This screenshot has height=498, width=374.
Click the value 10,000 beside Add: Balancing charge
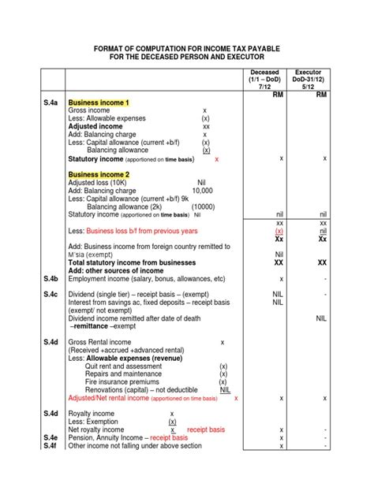(x=202, y=190)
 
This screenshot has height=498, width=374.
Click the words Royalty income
(x=92, y=414)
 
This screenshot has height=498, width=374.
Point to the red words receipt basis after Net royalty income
(x=206, y=429)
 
